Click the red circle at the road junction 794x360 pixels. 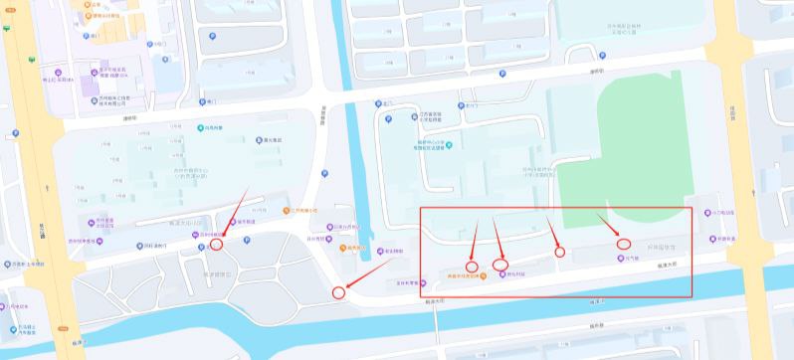point(338,292)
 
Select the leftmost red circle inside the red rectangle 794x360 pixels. point(473,266)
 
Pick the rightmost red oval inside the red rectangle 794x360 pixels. point(624,243)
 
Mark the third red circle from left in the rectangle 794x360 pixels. point(559,252)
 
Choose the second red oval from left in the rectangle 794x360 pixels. point(500,265)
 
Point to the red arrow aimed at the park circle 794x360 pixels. point(233,214)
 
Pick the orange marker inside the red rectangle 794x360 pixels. point(483,275)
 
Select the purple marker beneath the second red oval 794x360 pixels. point(503,274)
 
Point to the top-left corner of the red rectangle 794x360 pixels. point(420,209)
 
